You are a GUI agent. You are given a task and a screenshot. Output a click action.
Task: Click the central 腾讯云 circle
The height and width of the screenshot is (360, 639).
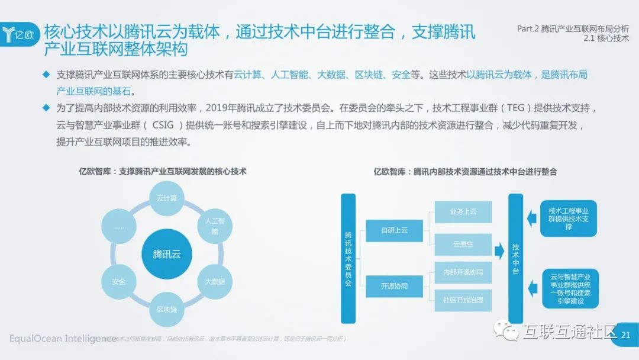click(x=166, y=255)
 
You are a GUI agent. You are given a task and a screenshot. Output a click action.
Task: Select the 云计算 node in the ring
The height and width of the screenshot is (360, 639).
click(x=166, y=198)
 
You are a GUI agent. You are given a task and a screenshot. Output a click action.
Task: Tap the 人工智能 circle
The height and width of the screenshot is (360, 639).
click(x=215, y=226)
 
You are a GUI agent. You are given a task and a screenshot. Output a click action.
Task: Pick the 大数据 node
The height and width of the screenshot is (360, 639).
click(x=215, y=281)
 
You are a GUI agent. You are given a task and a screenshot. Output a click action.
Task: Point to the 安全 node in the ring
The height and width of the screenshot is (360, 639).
click(x=118, y=281)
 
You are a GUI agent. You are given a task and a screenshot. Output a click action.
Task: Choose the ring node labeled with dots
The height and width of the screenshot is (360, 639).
click(x=118, y=226)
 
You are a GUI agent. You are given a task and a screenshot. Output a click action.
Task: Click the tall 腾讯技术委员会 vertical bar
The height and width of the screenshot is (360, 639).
click(x=348, y=258)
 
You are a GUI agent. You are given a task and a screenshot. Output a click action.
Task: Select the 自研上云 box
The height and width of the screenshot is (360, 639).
click(x=395, y=230)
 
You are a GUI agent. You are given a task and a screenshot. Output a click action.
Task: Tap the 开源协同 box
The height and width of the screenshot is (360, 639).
click(x=395, y=287)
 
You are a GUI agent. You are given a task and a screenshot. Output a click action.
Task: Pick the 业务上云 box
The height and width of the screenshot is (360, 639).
click(x=463, y=211)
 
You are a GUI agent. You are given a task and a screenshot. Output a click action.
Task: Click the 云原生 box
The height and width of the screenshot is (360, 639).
click(x=463, y=244)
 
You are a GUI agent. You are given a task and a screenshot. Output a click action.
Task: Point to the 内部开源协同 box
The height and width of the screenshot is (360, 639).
click(x=463, y=272)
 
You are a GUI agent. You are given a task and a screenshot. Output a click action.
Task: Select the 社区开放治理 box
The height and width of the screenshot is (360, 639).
click(x=463, y=300)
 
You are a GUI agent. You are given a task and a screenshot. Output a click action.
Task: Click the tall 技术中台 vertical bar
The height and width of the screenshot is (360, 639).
click(x=516, y=258)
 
